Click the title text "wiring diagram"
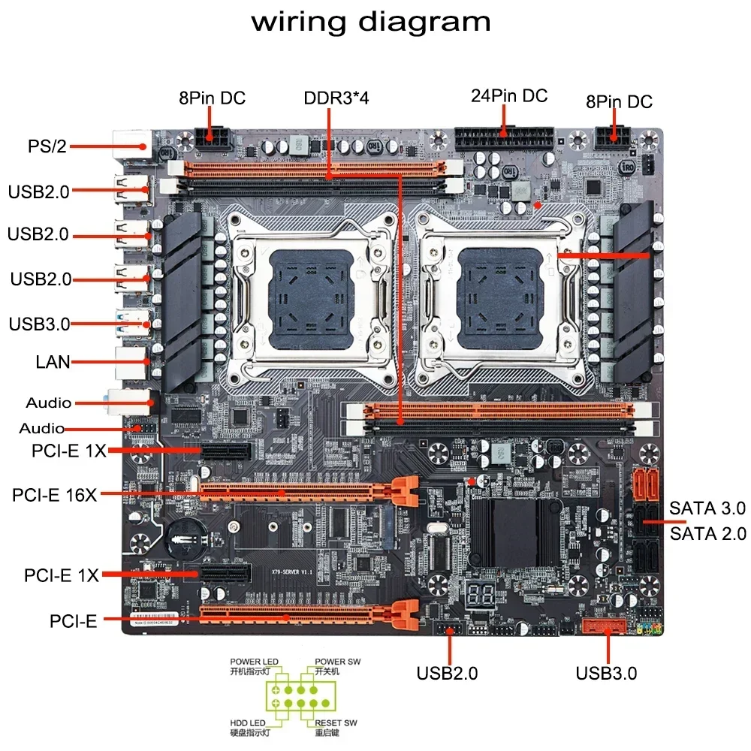[371, 21]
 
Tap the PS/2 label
[47, 146]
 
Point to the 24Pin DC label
[508, 96]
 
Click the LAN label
[53, 362]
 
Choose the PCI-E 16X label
[54, 496]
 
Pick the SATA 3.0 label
[707, 508]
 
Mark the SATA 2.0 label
[707, 534]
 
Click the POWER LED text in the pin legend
[254, 662]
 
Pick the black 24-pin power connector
[504, 140]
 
